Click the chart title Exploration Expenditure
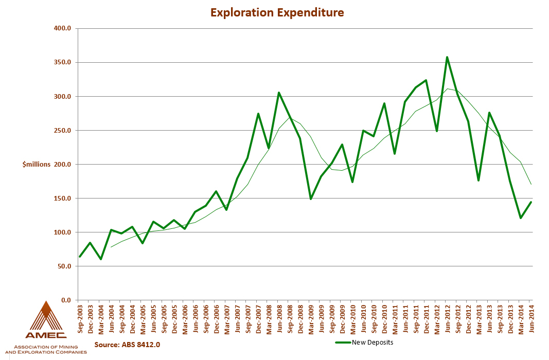[x=277, y=12]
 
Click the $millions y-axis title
[x=37, y=164]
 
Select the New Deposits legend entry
[x=373, y=342]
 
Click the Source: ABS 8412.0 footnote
[x=128, y=344]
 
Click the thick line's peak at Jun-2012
[x=447, y=57]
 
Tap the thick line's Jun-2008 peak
[x=278, y=93]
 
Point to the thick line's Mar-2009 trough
[x=310, y=199]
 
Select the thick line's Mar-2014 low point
[x=520, y=218]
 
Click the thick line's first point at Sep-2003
[x=80, y=256]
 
